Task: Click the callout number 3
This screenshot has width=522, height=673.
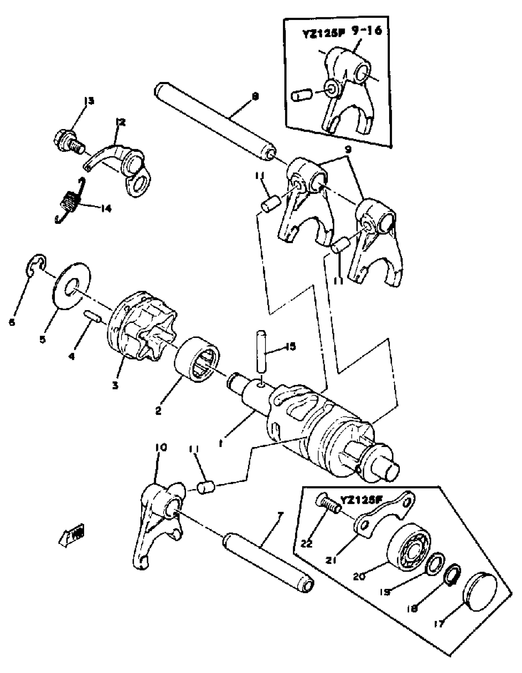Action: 115,385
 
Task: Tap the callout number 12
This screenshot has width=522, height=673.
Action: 120,123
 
